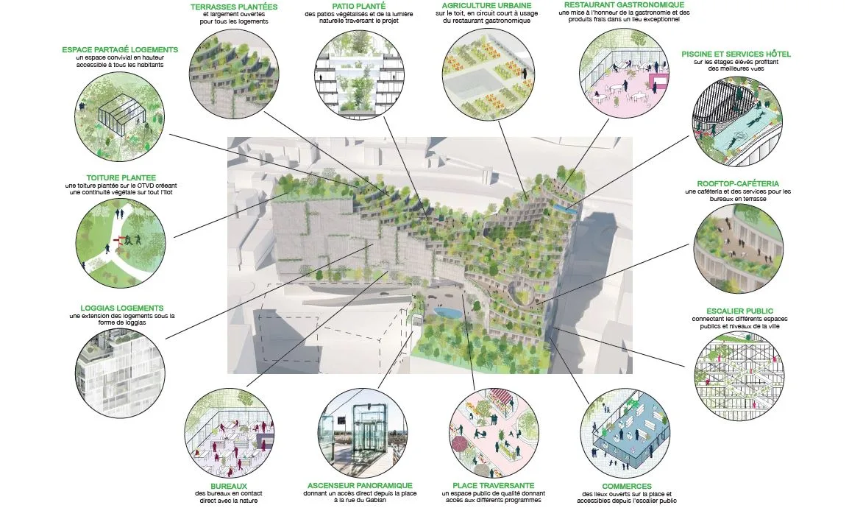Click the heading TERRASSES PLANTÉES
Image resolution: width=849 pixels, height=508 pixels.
(234, 7)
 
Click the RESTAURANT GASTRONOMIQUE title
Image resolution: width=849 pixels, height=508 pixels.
(624, 4)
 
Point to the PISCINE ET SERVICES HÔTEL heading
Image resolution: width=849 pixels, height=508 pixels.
(736, 54)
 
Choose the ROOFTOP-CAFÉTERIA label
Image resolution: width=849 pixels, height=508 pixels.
(737, 184)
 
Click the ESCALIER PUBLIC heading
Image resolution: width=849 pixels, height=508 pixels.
(739, 311)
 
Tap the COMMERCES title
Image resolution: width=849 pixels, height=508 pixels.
(627, 487)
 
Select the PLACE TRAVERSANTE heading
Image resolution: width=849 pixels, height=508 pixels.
(493, 486)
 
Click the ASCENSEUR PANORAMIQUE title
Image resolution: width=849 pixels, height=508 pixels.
(360, 486)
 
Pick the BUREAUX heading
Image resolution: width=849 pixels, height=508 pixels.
(229, 487)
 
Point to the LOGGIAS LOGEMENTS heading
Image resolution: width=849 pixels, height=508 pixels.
(122, 308)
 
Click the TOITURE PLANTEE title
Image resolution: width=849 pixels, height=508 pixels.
(121, 177)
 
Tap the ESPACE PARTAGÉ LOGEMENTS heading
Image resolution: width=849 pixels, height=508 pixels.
(120, 50)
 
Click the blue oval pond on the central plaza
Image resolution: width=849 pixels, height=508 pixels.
(447, 312)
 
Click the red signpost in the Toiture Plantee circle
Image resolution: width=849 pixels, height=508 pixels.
(118, 241)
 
